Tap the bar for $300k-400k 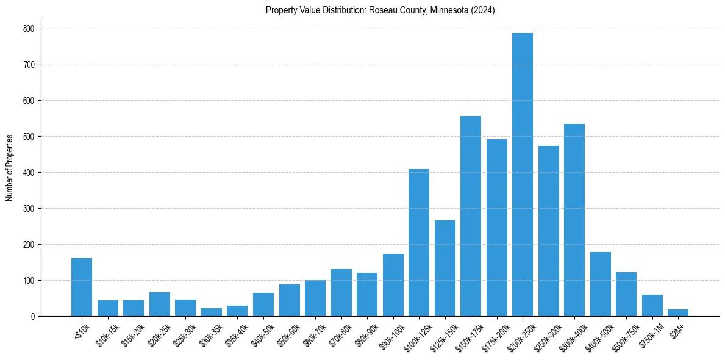click(574, 220)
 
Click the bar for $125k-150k click(445, 268)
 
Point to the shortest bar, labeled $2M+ click(678, 313)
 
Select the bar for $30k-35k click(212, 312)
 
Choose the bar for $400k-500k click(601, 284)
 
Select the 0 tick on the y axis click(33, 317)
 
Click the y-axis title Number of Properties click(10, 168)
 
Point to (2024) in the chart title click(483, 10)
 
